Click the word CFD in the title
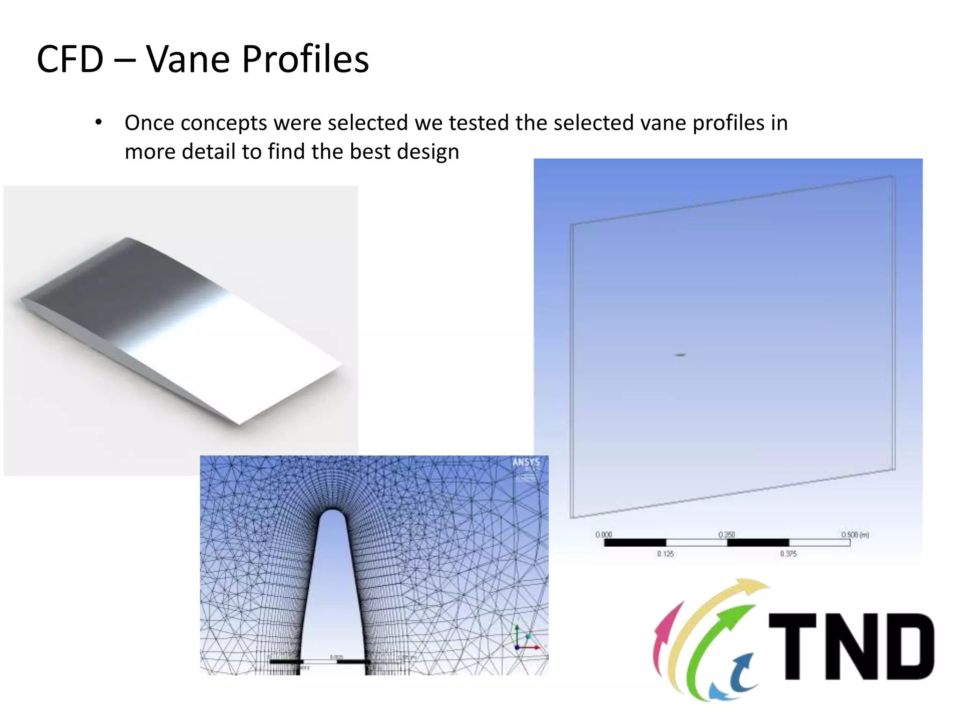70,59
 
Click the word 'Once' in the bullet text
149,123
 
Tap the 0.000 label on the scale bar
604,535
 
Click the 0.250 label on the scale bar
727,535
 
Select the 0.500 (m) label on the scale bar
855,535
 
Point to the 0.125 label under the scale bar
665,554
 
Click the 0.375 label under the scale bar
789,554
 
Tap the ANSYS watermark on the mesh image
526,462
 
